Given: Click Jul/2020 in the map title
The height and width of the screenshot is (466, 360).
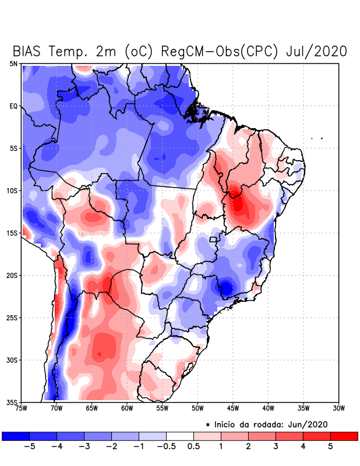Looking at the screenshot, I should click(x=317, y=51).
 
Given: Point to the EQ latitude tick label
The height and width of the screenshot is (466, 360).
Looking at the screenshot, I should click(x=13, y=106).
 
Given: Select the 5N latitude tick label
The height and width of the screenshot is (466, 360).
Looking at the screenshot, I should click(x=13, y=63).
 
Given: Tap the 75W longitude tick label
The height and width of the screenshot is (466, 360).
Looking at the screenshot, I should click(x=22, y=408).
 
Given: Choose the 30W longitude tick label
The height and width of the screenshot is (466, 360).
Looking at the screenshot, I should click(x=339, y=408).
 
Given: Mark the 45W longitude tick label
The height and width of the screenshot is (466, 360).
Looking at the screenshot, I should click(x=232, y=408).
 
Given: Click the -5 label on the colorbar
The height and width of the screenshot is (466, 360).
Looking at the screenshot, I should click(x=29, y=447).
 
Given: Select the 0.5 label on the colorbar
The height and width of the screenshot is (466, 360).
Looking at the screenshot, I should click(x=193, y=447).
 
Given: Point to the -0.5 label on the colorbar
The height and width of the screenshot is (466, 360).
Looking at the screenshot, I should click(x=167, y=447).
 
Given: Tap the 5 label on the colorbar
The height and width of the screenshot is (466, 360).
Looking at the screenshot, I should click(x=330, y=447).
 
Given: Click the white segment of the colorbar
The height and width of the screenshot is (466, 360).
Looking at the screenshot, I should click(x=180, y=436).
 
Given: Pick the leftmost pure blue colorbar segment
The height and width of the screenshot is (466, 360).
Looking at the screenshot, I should click(x=15, y=436).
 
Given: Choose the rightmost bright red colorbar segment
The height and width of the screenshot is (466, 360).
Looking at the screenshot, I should click(x=344, y=436).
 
